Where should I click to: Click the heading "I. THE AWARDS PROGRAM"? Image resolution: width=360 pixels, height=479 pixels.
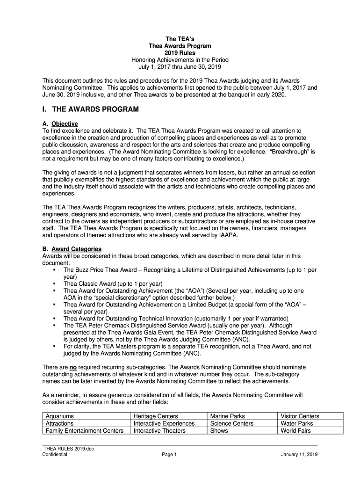click(91, 109)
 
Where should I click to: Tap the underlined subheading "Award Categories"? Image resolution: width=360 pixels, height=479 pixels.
click(76, 249)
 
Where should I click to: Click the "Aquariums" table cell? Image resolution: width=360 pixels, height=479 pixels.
click(59, 416)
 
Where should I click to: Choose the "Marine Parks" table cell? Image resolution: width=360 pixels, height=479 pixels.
click(228, 416)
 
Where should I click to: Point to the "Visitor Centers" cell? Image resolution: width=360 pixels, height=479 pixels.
click(300, 416)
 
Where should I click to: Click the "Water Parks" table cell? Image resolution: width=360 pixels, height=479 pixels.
click(296, 423)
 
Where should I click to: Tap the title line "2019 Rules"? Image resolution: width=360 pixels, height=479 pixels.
click(180, 53)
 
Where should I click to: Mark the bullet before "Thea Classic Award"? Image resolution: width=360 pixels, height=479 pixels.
click(55, 283)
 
